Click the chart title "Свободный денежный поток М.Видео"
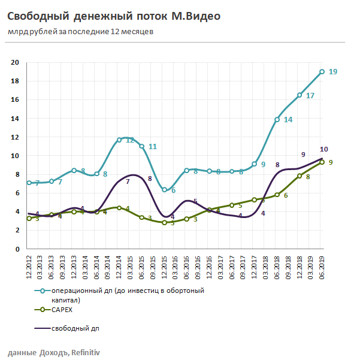113,16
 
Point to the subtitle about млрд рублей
80,32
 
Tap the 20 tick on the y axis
16,62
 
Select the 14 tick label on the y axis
16,118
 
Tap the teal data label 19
333,72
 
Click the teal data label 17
310,96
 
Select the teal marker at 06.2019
322,72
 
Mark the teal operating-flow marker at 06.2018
277,119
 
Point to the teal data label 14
288,120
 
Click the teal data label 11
153,147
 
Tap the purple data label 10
323,149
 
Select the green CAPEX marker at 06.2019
322,162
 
